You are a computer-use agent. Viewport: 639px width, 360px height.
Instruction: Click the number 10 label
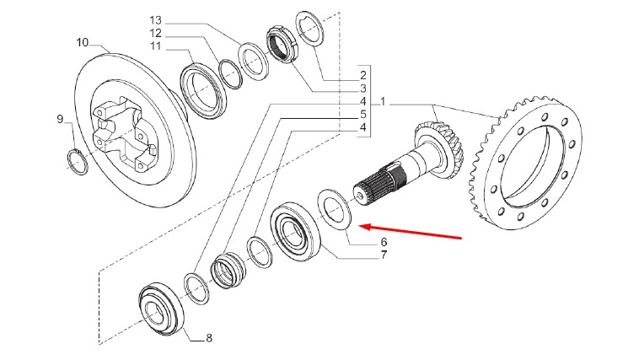(82, 41)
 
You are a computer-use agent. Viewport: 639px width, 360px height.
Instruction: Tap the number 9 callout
(60, 119)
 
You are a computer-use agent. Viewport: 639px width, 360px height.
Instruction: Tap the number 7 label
(384, 255)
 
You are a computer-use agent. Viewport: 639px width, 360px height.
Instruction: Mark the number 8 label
(208, 339)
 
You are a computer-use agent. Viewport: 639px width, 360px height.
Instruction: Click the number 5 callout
(362, 115)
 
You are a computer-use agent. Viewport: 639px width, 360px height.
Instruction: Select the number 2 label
(362, 75)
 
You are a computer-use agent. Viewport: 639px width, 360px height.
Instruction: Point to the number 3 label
(362, 89)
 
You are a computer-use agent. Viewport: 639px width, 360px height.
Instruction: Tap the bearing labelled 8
(159, 308)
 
